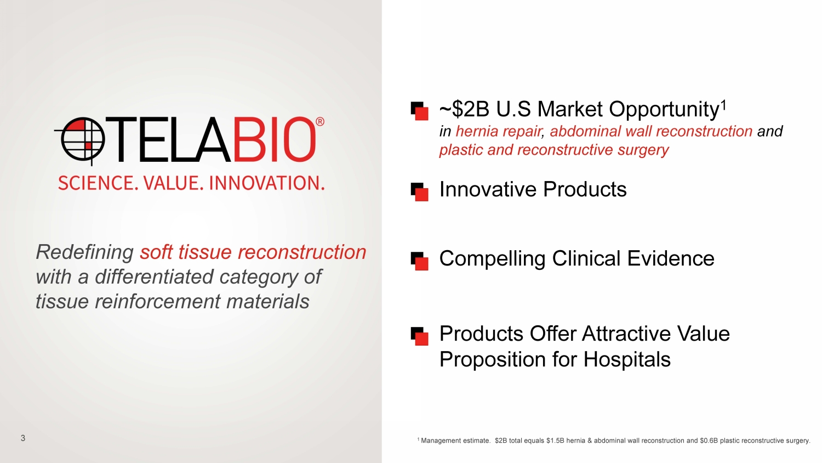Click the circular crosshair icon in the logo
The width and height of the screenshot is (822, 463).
83,140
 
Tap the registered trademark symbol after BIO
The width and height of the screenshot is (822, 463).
319,122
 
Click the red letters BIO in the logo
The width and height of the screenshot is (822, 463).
273,140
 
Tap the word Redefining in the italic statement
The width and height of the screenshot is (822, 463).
85,252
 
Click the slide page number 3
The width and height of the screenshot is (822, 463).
23,438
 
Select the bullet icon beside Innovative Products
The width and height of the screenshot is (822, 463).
419,192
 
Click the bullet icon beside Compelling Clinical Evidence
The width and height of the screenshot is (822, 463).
419,261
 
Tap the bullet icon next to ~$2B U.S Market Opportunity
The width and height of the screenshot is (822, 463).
419,111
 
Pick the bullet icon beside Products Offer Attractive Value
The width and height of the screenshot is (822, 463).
419,336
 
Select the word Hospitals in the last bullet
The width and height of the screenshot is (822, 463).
627,359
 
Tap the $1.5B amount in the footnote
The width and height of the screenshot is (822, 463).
555,441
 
